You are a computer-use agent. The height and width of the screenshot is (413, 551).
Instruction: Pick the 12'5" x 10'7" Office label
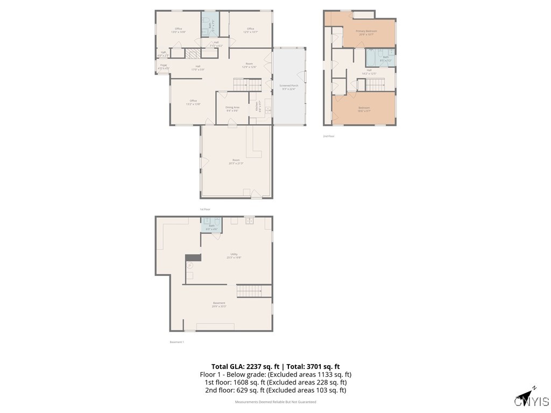[250, 30]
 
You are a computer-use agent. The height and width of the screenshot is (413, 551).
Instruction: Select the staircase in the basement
[252, 291]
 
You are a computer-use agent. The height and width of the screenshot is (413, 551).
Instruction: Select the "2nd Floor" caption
[329, 136]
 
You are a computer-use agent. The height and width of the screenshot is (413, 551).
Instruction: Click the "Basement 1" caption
[177, 342]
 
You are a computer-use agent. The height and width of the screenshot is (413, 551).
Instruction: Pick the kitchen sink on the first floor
[267, 110]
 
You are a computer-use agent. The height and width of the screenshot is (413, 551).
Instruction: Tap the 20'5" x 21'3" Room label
[236, 161]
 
